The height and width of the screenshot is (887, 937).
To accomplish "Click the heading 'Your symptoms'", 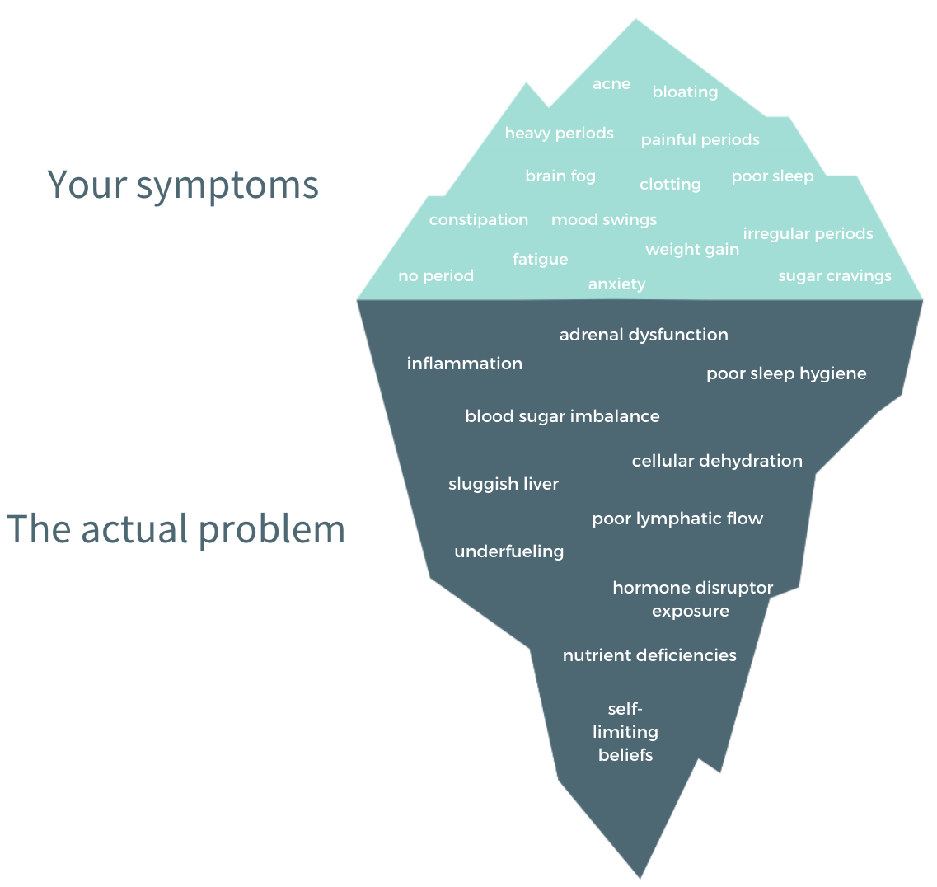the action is pyautogui.click(x=183, y=185).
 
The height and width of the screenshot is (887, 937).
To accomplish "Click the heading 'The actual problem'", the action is pyautogui.click(x=176, y=529).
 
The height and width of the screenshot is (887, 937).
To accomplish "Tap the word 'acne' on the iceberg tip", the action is pyautogui.click(x=611, y=84).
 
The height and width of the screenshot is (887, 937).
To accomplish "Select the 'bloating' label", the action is pyautogui.click(x=685, y=92).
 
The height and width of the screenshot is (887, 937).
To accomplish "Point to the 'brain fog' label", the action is pyautogui.click(x=560, y=176).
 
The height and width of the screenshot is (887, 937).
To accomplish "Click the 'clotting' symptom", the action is pyautogui.click(x=670, y=185).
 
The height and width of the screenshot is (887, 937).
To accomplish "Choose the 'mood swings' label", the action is pyautogui.click(x=603, y=220).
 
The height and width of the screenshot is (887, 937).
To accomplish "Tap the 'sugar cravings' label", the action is pyautogui.click(x=834, y=276).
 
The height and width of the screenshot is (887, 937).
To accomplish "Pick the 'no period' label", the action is pyautogui.click(x=436, y=276).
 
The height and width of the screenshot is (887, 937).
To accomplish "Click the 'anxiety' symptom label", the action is pyautogui.click(x=616, y=284).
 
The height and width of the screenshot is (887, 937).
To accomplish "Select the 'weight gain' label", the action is pyautogui.click(x=692, y=250).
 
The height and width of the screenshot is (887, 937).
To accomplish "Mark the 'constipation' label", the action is pyautogui.click(x=478, y=220).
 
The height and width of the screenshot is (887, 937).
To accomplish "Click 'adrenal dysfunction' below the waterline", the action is pyautogui.click(x=644, y=335).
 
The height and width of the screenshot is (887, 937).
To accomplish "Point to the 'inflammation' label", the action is pyautogui.click(x=464, y=364).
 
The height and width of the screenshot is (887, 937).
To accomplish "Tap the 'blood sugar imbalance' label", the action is pyautogui.click(x=562, y=416).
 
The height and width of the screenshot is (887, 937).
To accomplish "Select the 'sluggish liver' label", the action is pyautogui.click(x=504, y=484).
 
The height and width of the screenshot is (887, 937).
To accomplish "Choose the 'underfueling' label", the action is pyautogui.click(x=508, y=551).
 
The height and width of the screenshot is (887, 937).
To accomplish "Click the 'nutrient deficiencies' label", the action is pyautogui.click(x=649, y=655).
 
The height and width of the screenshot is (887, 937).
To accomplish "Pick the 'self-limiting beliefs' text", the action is pyautogui.click(x=625, y=732).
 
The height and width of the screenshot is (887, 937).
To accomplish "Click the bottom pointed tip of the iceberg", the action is pyautogui.click(x=640, y=877).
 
